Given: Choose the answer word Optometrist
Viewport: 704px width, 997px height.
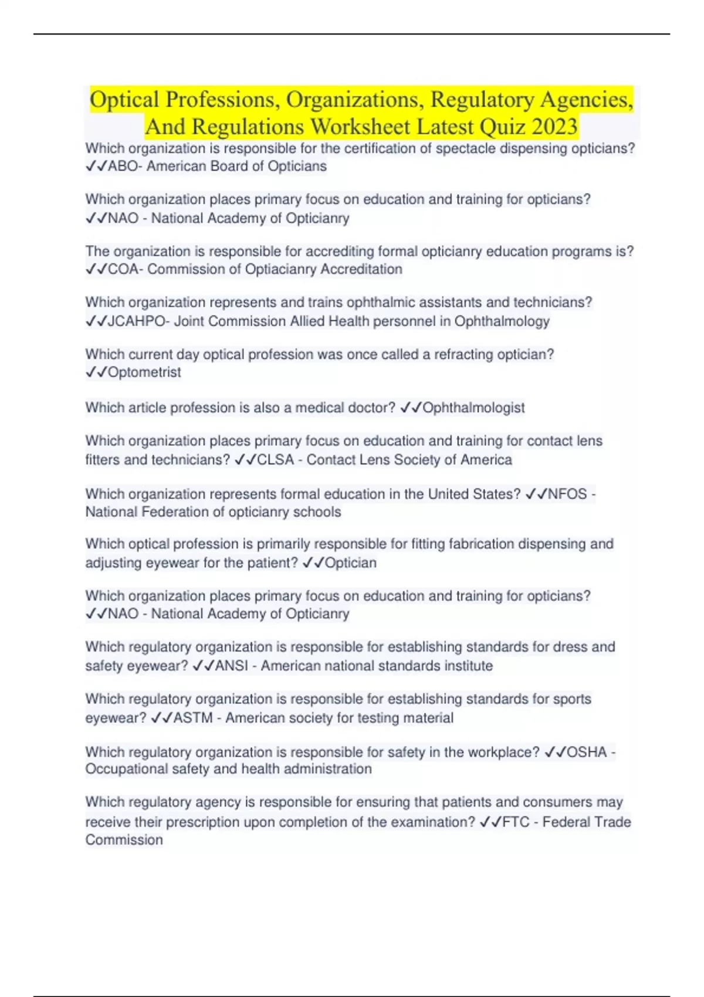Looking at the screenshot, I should coord(144,372).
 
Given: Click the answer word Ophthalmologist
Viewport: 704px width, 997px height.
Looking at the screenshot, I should coord(473,408).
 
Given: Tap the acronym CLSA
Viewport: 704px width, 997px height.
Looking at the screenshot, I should coord(275,460).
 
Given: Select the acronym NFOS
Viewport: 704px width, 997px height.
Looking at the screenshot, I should coord(567,494).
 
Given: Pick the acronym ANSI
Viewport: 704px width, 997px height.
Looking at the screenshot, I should coord(232,666).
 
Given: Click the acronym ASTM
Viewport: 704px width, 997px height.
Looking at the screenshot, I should coord(193,718).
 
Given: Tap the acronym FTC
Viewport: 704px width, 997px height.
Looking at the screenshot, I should coord(516,822).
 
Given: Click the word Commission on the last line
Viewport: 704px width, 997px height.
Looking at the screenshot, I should coord(124,840).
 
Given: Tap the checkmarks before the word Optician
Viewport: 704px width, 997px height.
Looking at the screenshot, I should coord(313,563).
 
